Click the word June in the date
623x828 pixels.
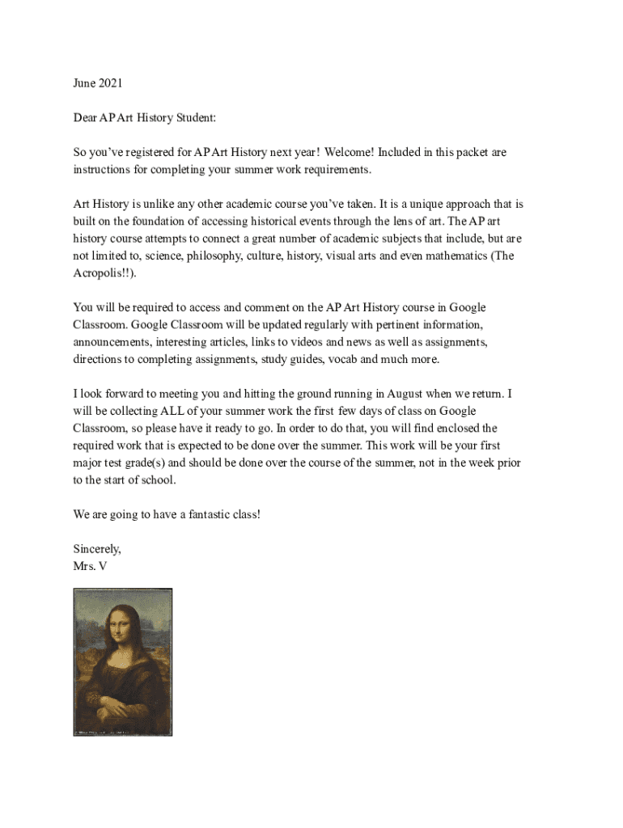pyautogui.click(x=84, y=83)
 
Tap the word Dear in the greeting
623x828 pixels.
pyautogui.click(x=85, y=118)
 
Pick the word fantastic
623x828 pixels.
pyautogui.click(x=196, y=514)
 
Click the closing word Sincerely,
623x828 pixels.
pyautogui.click(x=97, y=549)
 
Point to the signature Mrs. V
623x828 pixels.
pyautogui.click(x=90, y=566)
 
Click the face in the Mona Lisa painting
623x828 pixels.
pyautogui.click(x=124, y=624)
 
